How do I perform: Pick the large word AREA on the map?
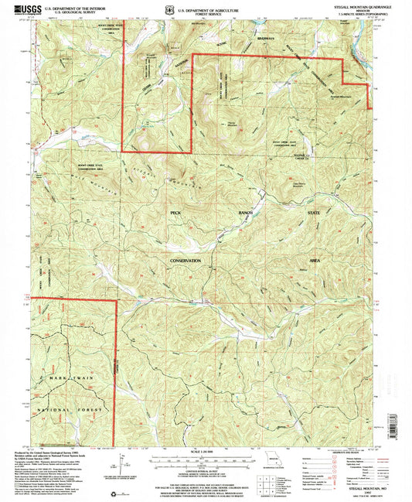coord(314,261)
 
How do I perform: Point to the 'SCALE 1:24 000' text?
coord(199,452)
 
